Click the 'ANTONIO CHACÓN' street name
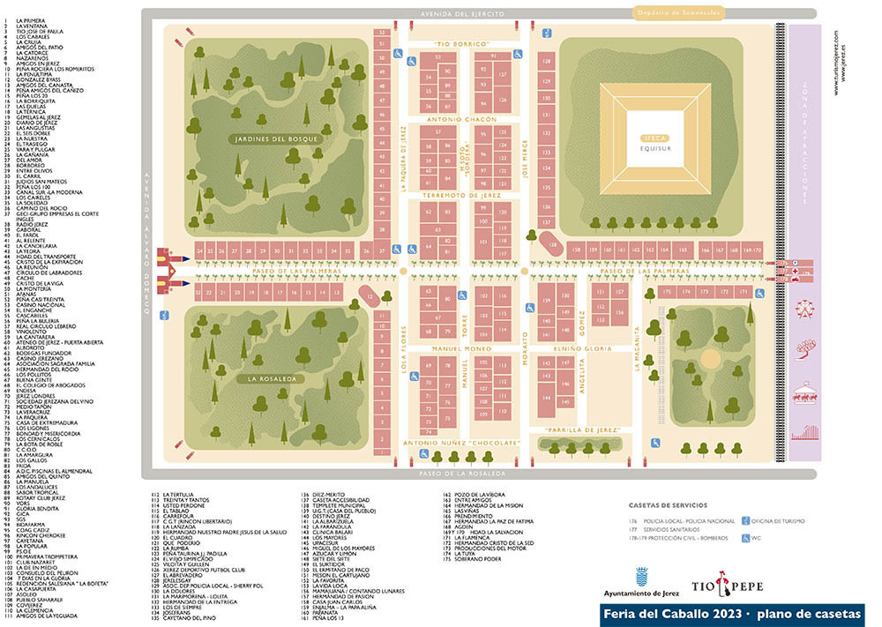pyautogui.click(x=462, y=119)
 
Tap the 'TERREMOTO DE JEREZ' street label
pyautogui.click(x=462, y=195)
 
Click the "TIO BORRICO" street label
pyautogui.click(x=461, y=42)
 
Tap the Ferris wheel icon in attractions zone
pyautogui.click(x=804, y=310)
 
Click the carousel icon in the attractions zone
pyautogui.click(x=805, y=392)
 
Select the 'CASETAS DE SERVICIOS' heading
pyautogui.click(x=668, y=505)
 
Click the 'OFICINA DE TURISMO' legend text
pyautogui.click(x=780, y=521)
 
